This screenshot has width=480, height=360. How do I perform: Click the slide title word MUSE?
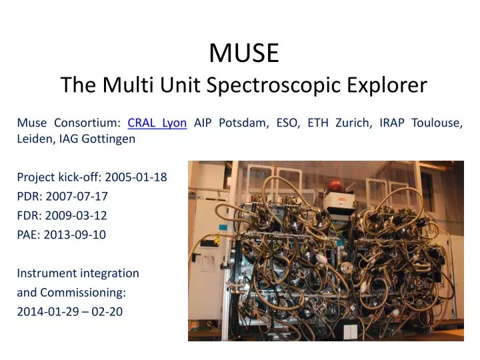[x=244, y=53]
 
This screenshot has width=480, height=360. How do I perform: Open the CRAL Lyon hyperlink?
[x=157, y=123]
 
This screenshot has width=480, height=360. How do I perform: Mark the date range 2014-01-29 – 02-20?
[x=69, y=311]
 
